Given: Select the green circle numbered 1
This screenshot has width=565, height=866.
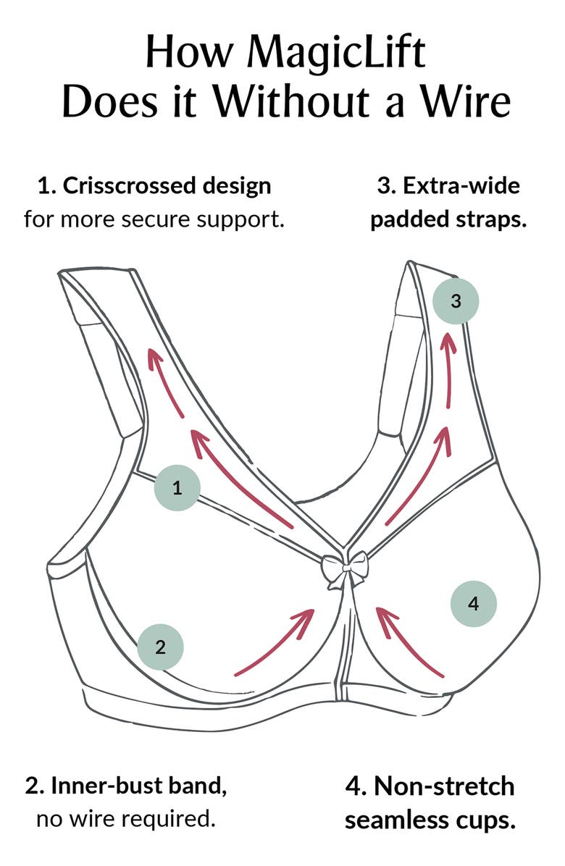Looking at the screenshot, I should (x=177, y=488).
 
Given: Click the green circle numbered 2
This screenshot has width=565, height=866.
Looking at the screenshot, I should (x=161, y=646).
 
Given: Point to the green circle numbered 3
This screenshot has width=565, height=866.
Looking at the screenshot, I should (x=456, y=300).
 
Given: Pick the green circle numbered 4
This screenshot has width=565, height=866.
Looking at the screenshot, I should (x=474, y=603).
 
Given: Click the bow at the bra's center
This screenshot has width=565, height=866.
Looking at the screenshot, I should (x=345, y=569).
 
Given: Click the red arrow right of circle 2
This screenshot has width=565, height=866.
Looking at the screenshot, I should (x=275, y=642).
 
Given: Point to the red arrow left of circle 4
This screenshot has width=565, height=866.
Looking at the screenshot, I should (x=409, y=641).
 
